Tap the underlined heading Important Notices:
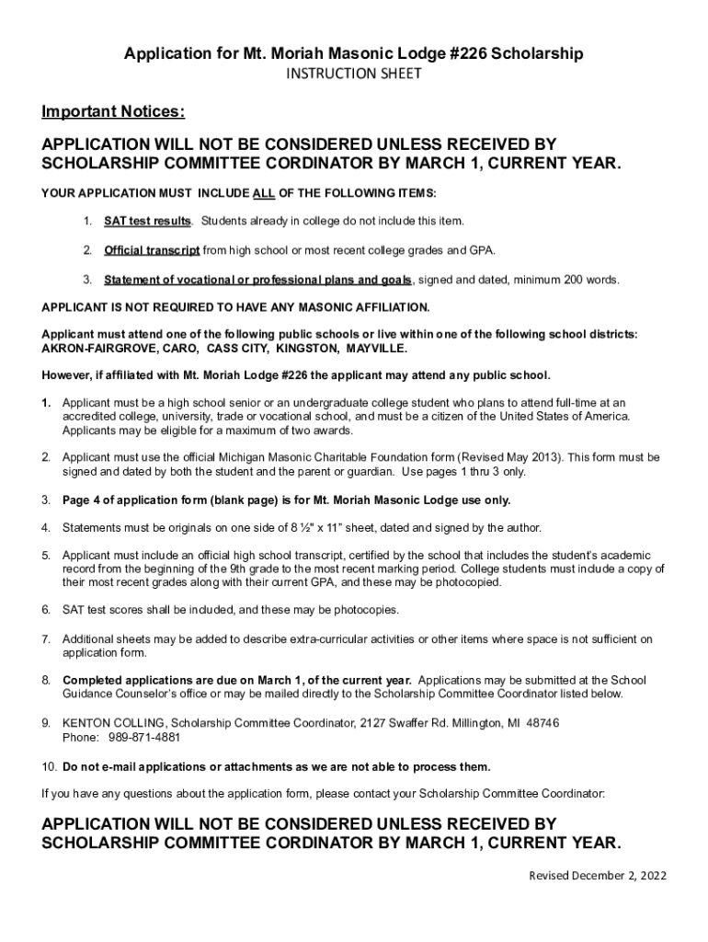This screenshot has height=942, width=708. coord(113,112)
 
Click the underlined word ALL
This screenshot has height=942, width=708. coord(265,193)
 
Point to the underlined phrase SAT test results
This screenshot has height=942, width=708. coord(147,222)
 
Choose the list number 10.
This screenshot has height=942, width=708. coord(50,767)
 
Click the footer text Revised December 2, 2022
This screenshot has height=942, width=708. coord(597,875)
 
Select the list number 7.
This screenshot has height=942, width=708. coord(46,639)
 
